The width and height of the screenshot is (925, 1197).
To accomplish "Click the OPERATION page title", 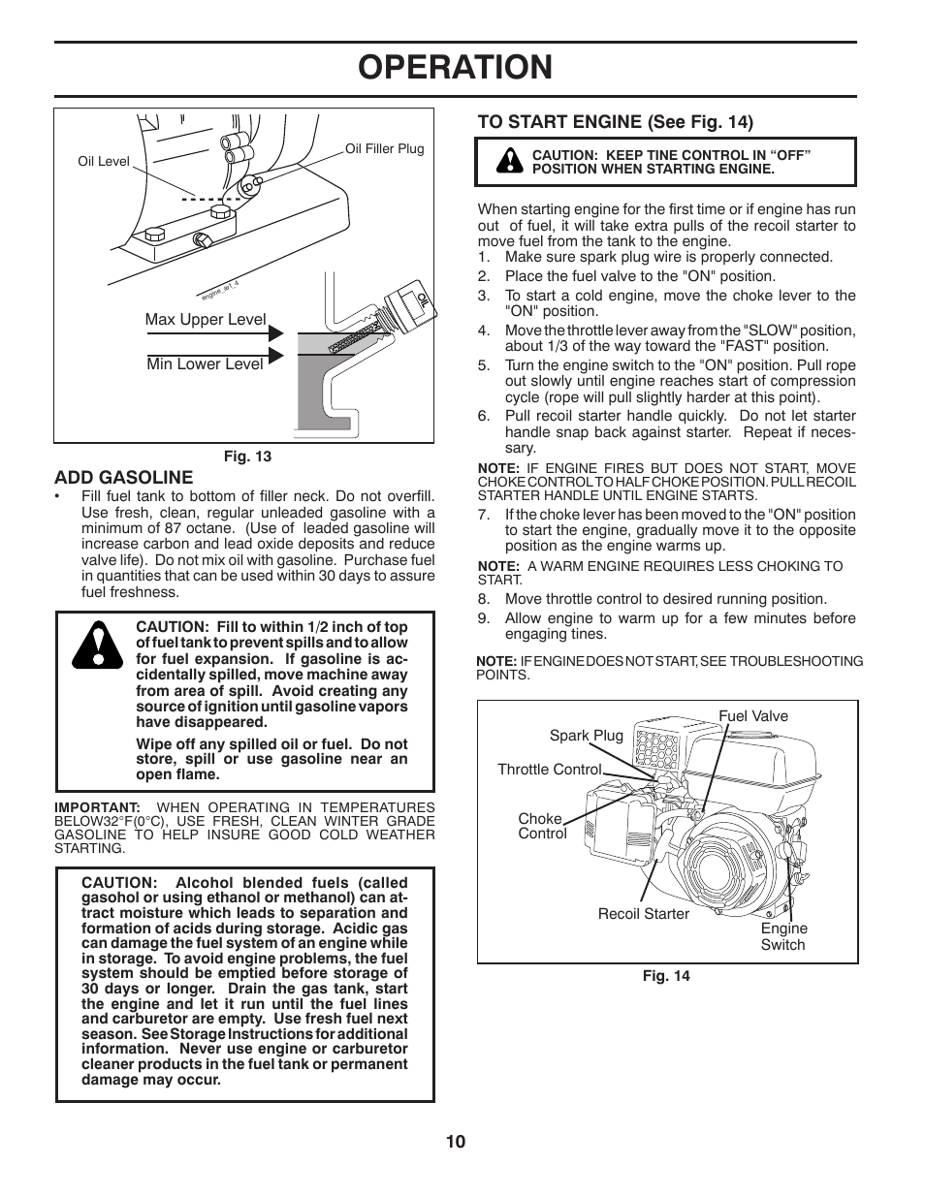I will point(455,67).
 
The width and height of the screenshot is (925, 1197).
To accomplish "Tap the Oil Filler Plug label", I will point(385,149).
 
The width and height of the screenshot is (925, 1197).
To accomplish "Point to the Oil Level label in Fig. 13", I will point(104,162).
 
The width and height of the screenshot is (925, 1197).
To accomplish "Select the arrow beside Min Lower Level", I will point(275,356).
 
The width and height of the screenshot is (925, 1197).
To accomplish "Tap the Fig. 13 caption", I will point(247,457).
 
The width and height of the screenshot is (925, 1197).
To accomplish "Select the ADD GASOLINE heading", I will point(124,477).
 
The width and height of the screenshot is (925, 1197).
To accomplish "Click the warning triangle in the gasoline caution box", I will point(97,644).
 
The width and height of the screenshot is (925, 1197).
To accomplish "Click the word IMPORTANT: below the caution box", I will point(98,807).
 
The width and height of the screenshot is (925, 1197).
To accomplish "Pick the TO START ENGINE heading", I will point(615,121).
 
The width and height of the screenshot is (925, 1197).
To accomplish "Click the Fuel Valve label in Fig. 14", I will point(753,716).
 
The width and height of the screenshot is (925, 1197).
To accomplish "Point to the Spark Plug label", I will point(587,736).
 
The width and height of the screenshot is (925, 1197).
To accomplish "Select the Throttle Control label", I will point(549,770).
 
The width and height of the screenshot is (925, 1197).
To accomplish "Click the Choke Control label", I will point(542,826).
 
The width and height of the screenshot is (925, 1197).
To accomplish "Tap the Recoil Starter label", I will point(644,914).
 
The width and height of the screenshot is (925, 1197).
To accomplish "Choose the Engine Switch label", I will point(783,936).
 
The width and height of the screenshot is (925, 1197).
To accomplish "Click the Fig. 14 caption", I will point(666,976).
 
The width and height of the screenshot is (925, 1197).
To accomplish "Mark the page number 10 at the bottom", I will point(456,1142).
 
